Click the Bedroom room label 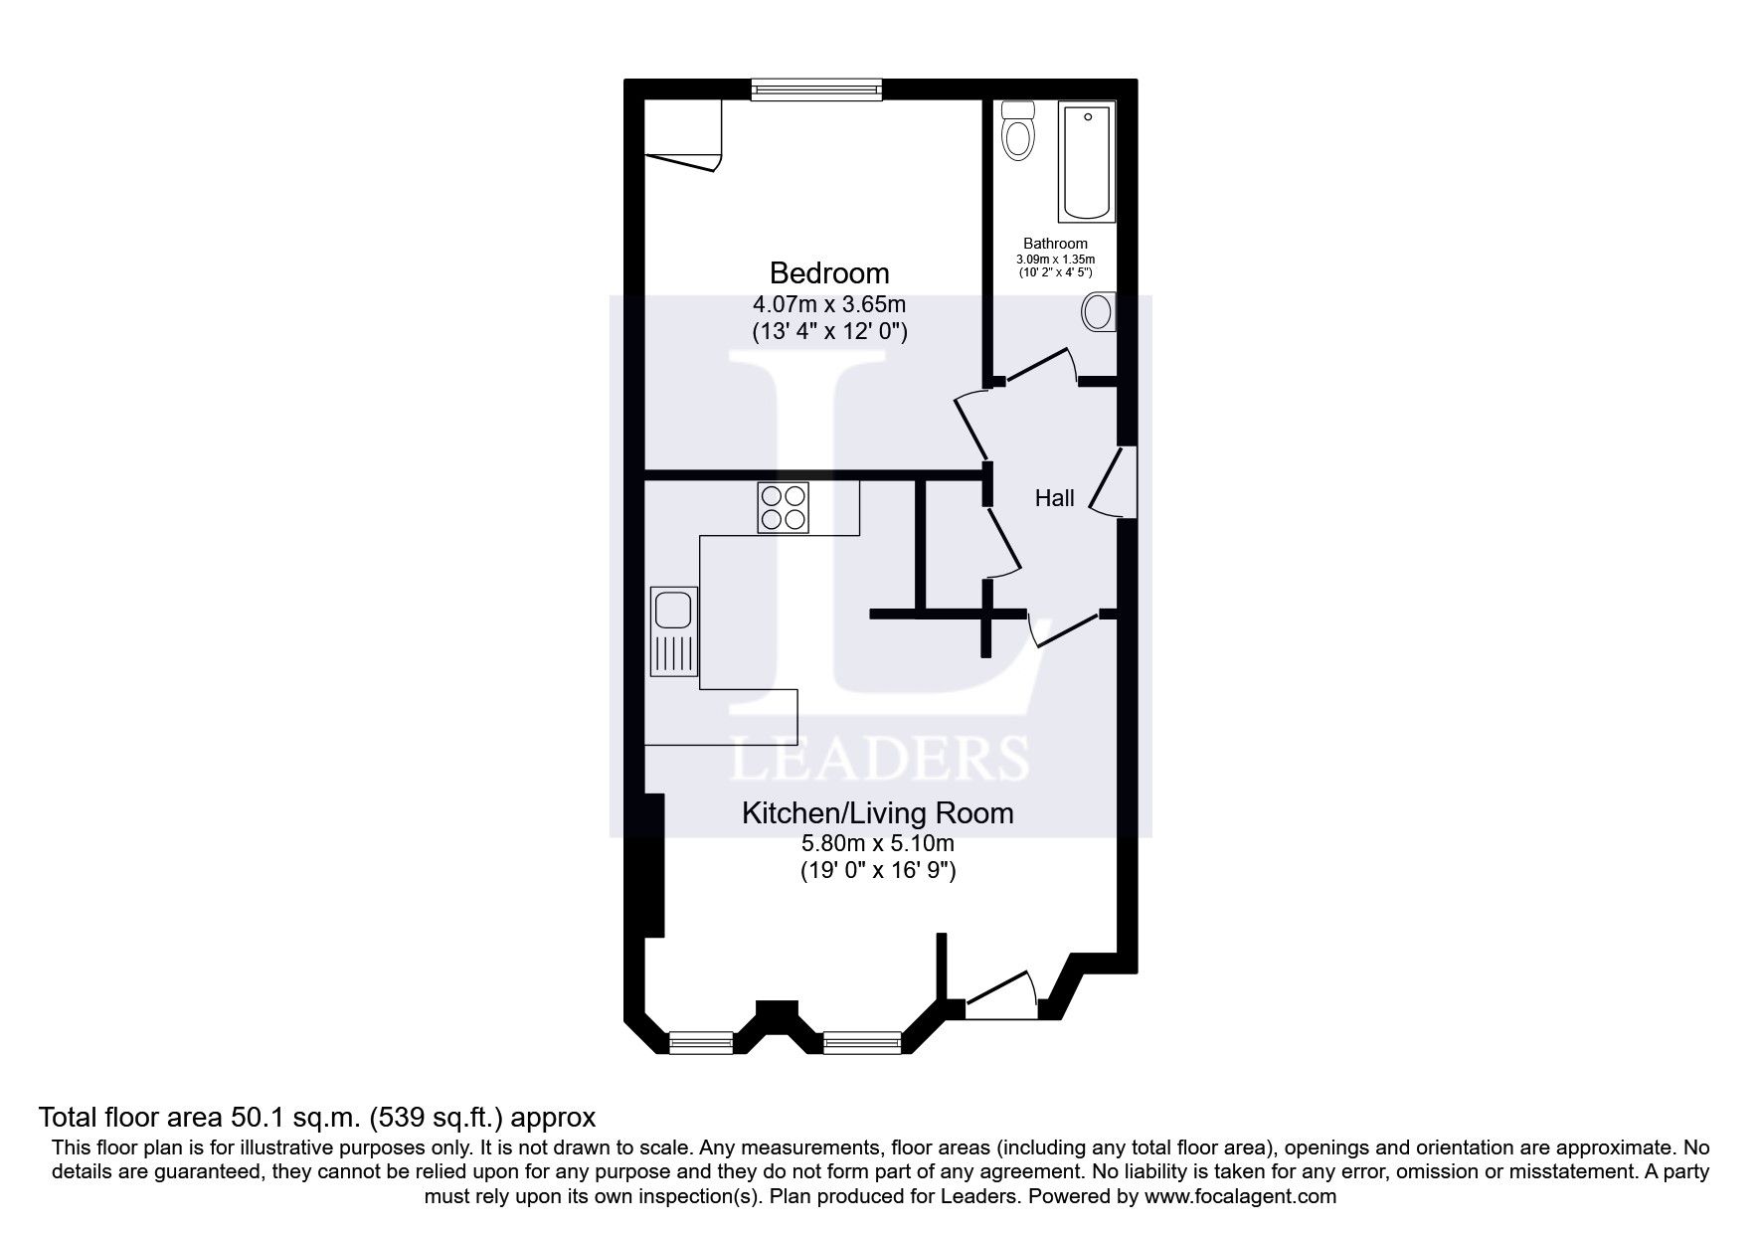(x=829, y=272)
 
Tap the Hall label (x=1054, y=498)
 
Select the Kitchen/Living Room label (x=877, y=813)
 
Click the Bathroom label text (x=1055, y=244)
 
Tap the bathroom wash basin (x=1099, y=312)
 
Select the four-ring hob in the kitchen (x=783, y=507)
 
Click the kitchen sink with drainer (x=674, y=630)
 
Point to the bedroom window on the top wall (x=815, y=90)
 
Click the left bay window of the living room (x=700, y=1043)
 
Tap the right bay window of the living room (x=861, y=1043)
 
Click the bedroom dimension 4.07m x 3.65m (x=829, y=303)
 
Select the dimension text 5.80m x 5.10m (x=877, y=844)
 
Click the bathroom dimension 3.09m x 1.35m (x=1055, y=260)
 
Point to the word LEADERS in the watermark (x=879, y=759)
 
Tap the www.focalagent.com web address (x=1240, y=1196)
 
